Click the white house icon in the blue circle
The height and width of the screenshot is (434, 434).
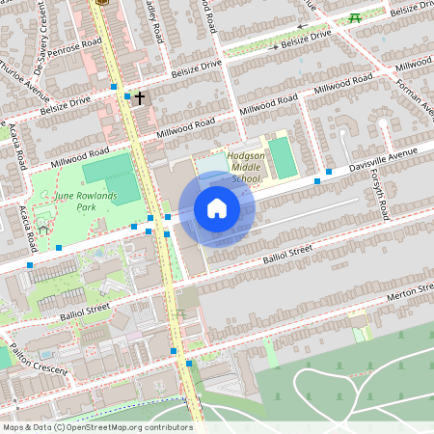217,207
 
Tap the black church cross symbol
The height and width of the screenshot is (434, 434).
140,98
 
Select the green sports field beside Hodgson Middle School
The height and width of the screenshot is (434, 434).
280,157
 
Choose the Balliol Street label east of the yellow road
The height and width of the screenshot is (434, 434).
287,252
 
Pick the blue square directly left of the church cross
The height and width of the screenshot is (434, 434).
127,96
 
